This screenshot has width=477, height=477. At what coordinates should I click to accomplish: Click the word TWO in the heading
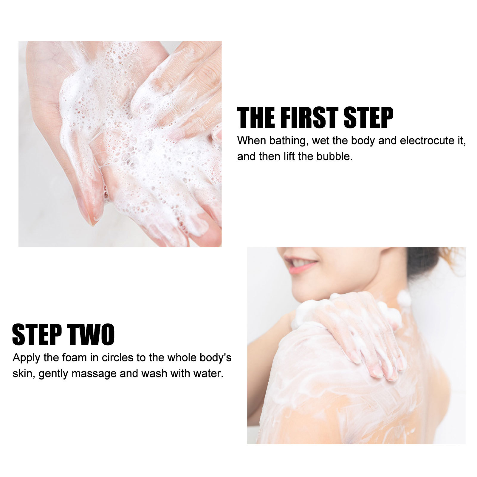click(91, 334)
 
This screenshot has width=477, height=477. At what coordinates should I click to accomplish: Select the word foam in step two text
click(74, 357)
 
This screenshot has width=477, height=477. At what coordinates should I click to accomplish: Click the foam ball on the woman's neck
click(404, 298)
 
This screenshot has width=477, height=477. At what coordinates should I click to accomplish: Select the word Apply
click(27, 358)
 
